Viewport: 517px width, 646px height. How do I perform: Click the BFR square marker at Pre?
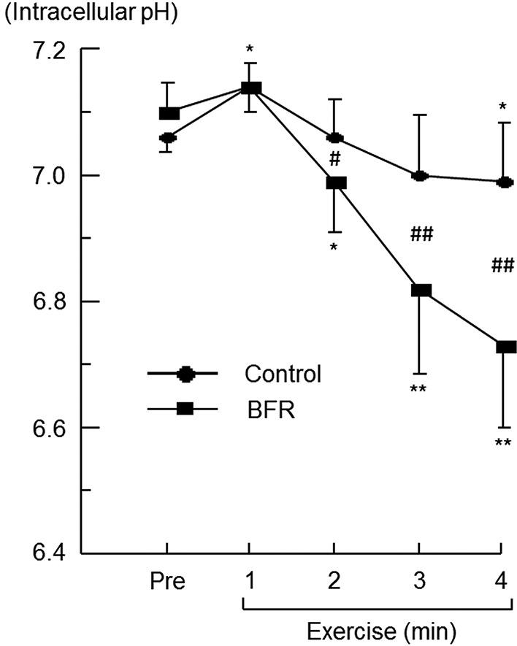169,113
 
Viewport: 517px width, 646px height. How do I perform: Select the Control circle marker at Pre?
168,137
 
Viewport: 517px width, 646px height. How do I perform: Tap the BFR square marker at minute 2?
336,182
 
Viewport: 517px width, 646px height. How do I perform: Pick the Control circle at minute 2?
335,137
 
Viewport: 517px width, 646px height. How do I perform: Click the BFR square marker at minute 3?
421,291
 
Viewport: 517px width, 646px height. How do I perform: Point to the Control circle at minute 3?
420,175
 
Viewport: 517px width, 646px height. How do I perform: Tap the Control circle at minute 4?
504,182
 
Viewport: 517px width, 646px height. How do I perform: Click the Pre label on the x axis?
168,582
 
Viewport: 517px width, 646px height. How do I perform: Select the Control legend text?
283,374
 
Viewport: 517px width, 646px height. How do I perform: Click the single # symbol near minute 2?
336,158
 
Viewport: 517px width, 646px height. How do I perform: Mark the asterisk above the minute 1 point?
250,50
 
